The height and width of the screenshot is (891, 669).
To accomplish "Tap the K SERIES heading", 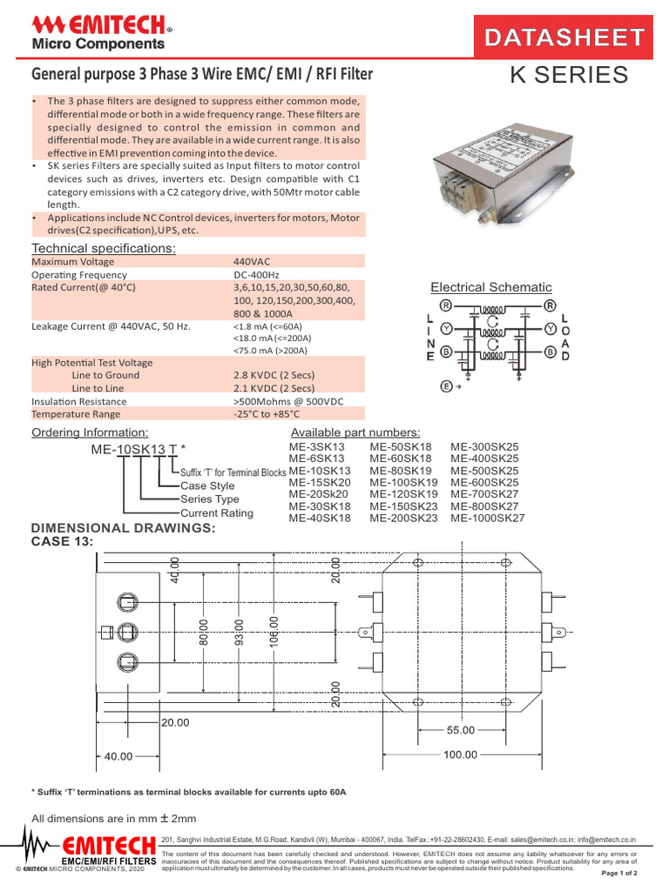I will pos(568,76).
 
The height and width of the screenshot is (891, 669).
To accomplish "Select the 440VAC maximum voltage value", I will pos(253,261).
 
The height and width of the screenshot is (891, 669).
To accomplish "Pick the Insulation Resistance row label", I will pos(79,401).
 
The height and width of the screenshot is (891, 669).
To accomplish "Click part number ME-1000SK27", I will pos(488,518).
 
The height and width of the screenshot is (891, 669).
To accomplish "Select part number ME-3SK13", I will pos(317,446).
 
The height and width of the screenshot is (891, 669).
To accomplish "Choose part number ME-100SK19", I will pos(403,482).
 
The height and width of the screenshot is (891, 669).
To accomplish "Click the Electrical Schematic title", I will pos(491,287).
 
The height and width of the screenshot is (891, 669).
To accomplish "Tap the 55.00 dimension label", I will pos(461,730).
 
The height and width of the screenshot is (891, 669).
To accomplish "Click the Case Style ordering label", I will pos(207,486).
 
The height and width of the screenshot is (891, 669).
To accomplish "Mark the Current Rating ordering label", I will pos(217,513).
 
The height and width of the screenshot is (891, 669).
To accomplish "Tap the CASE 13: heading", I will pos(63,542).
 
